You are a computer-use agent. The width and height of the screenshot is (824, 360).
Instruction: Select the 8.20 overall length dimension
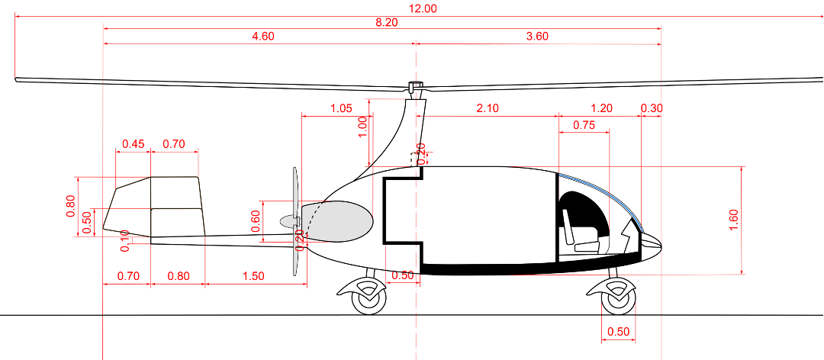pyautogui.click(x=386, y=23)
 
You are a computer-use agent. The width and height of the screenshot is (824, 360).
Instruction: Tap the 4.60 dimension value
pyautogui.click(x=262, y=37)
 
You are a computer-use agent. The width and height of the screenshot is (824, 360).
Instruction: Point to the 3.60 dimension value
pyautogui.click(x=537, y=37)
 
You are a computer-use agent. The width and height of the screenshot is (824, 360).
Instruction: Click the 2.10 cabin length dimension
pyautogui.click(x=488, y=108)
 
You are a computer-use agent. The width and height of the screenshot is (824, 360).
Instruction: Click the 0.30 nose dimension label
pyautogui.click(x=652, y=108)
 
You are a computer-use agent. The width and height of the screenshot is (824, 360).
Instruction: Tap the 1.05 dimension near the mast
pyautogui.click(x=340, y=108)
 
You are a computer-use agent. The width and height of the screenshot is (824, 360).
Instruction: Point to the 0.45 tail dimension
pyautogui.click(x=134, y=143)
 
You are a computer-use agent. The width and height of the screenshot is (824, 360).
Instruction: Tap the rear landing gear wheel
pyautogui.click(x=369, y=298)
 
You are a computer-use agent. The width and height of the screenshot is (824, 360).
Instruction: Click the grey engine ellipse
pyautogui.click(x=341, y=222)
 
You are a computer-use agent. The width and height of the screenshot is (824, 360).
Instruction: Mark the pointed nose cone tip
pyautogui.click(x=658, y=244)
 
